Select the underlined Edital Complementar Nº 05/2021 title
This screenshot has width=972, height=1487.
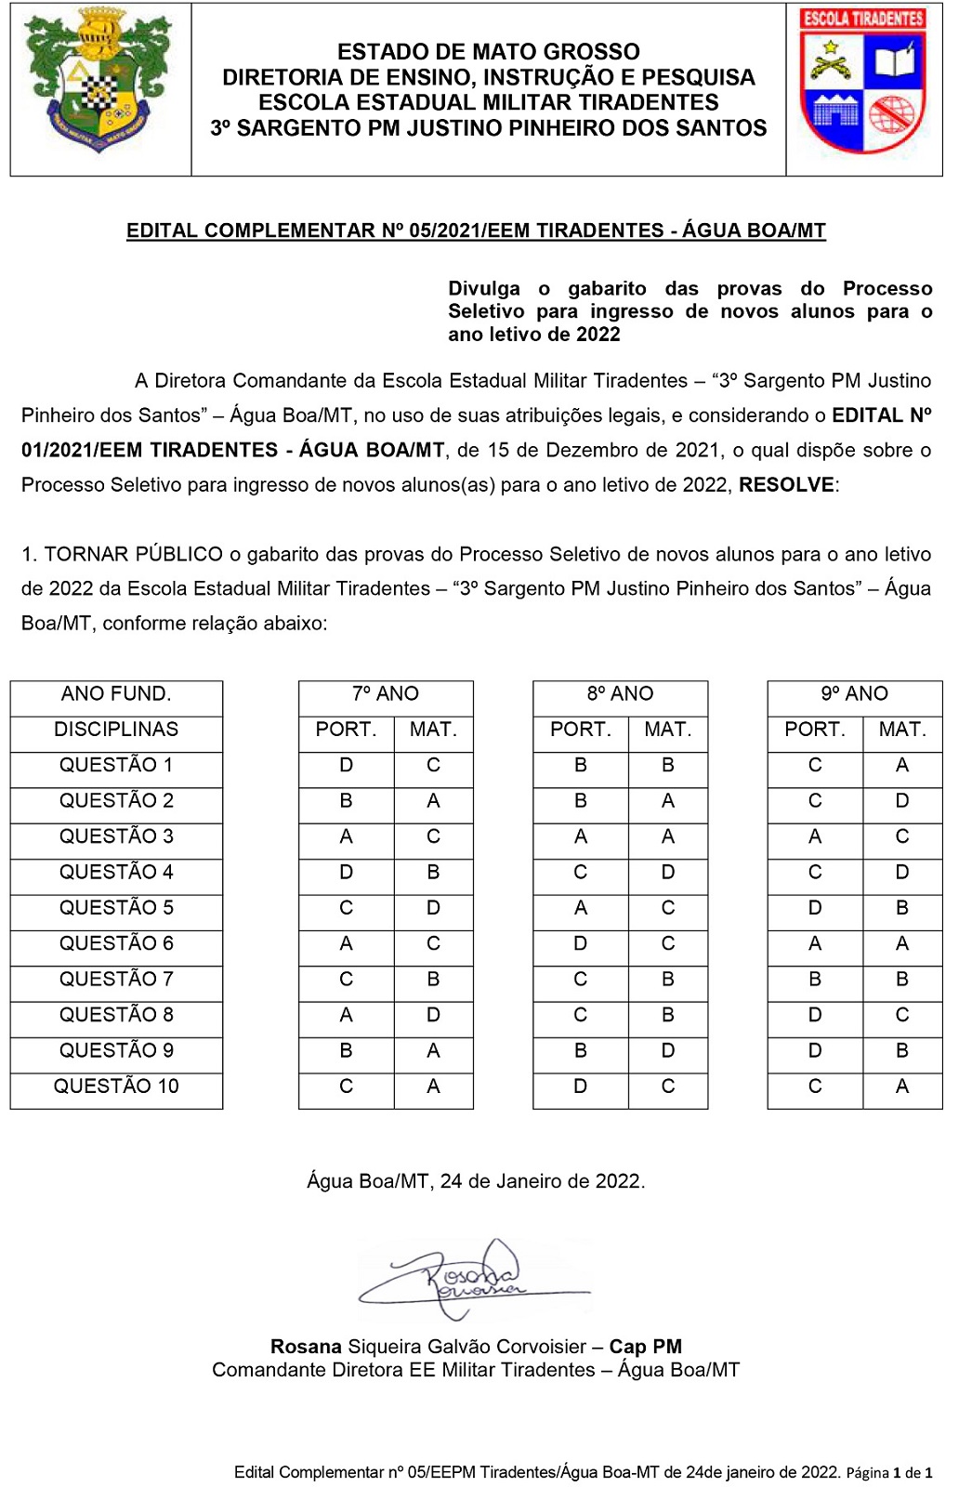click(x=476, y=230)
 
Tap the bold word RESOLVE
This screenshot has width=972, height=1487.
click(x=786, y=484)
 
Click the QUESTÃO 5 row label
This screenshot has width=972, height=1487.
click(x=116, y=908)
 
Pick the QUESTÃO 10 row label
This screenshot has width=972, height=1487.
click(x=116, y=1086)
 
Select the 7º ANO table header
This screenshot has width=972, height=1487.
click(x=386, y=694)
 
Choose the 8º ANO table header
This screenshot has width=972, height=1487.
click(x=620, y=694)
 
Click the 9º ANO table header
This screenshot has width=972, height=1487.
click(x=854, y=694)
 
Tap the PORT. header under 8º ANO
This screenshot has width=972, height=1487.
click(x=581, y=730)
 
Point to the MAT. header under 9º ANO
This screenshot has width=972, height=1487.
click(x=902, y=730)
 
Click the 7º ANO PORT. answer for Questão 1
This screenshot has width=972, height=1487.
click(x=347, y=766)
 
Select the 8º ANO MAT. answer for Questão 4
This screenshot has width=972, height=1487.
click(x=668, y=873)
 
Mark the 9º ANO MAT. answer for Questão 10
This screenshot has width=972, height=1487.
click(x=902, y=1086)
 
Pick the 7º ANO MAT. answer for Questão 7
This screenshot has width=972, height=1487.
click(x=433, y=980)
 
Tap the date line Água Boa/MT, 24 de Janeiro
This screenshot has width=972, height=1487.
click(x=476, y=1181)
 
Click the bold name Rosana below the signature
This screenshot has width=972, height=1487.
click(x=306, y=1347)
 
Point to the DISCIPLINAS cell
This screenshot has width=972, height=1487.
click(x=116, y=730)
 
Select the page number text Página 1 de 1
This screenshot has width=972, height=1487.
click(x=888, y=1473)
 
